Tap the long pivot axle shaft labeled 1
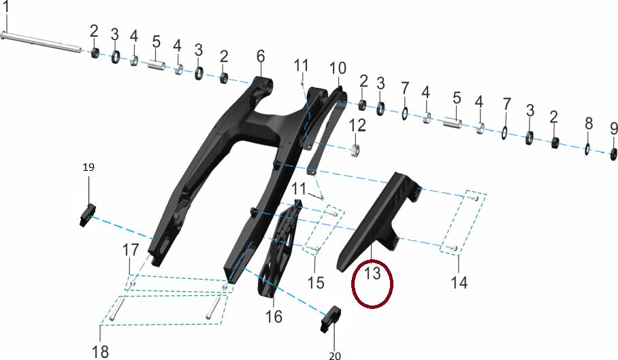click(42, 42)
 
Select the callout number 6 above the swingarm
click(261, 56)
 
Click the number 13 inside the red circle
click(372, 273)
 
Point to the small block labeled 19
click(88, 215)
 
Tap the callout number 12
click(357, 126)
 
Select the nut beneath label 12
click(355, 150)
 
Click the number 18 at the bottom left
click(100, 352)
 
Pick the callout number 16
click(274, 316)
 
